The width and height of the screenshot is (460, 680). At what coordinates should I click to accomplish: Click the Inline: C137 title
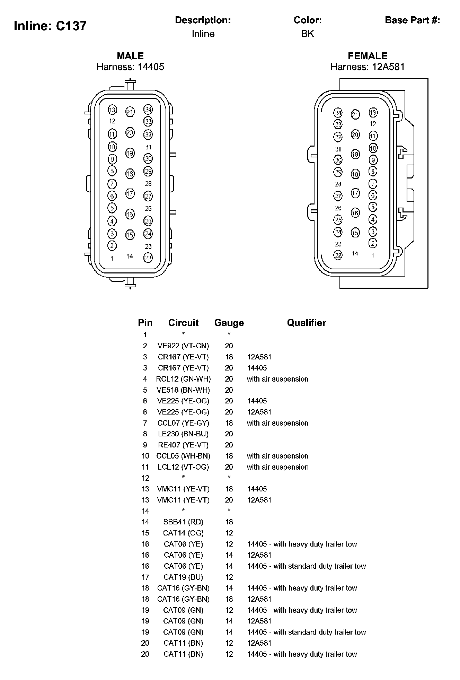(50, 26)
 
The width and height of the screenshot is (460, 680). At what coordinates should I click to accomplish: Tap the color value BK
(308, 34)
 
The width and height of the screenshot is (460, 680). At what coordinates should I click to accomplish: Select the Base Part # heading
(412, 20)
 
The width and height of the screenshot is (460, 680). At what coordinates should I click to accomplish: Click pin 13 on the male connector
(112, 110)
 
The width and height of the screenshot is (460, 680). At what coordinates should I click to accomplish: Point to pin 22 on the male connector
(148, 258)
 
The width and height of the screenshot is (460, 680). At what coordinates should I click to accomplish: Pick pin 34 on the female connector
(338, 113)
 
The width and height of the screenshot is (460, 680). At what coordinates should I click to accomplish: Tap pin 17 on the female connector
(355, 193)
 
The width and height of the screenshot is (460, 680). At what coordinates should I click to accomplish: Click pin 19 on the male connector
(130, 153)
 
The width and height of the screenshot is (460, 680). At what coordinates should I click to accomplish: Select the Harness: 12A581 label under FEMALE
(368, 67)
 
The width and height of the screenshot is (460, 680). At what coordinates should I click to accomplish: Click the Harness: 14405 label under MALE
(130, 67)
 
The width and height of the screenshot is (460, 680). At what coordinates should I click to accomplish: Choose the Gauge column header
(229, 323)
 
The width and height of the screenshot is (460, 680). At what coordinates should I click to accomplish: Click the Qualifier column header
(307, 323)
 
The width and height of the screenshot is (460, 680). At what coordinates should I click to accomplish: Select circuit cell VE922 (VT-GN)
(183, 346)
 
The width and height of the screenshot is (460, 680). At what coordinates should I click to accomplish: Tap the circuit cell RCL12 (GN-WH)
(183, 379)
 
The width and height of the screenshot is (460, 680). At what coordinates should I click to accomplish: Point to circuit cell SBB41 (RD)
(183, 522)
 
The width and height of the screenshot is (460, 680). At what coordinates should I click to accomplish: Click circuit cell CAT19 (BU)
(183, 577)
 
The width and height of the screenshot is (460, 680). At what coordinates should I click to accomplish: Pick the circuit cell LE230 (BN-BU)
(183, 434)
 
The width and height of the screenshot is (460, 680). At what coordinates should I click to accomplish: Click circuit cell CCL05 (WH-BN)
(183, 456)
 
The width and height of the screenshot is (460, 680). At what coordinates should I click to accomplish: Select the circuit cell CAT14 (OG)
(183, 533)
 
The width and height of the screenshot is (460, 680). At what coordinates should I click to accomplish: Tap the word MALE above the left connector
(130, 56)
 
